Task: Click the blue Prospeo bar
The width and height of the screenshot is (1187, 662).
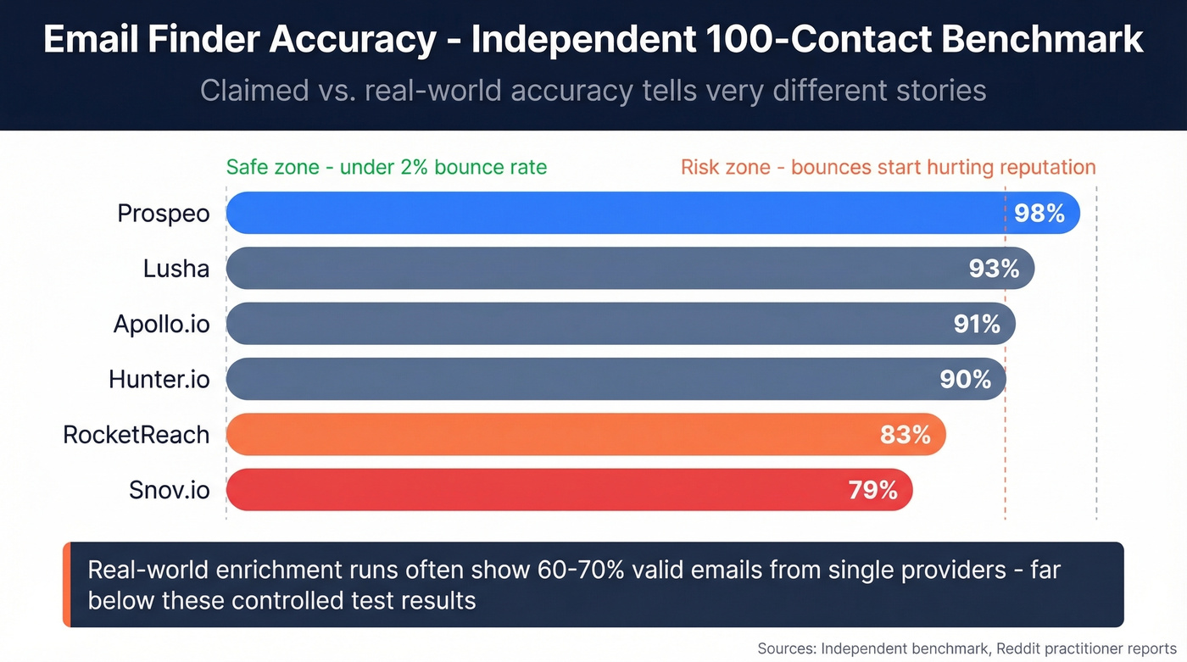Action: (x=610, y=213)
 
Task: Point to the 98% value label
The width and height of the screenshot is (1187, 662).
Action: (x=1039, y=213)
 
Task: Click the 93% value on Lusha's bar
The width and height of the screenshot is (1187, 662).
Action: (x=994, y=269)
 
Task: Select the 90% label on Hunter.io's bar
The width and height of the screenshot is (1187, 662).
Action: (x=966, y=379)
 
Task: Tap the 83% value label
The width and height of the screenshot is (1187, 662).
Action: (x=906, y=435)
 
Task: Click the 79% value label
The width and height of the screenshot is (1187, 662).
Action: (x=872, y=490)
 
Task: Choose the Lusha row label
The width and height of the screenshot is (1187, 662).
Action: (x=176, y=269)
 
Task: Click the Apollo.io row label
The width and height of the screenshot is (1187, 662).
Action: (x=161, y=324)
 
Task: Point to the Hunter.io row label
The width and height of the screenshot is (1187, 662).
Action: (x=159, y=379)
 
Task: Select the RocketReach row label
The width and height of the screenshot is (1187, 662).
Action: (x=136, y=435)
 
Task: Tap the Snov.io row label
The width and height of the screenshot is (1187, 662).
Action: (x=169, y=490)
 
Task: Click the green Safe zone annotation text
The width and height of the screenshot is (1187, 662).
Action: (x=387, y=167)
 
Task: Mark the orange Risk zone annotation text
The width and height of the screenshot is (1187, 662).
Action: (x=888, y=167)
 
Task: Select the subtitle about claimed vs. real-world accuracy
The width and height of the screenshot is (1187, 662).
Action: (x=593, y=90)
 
